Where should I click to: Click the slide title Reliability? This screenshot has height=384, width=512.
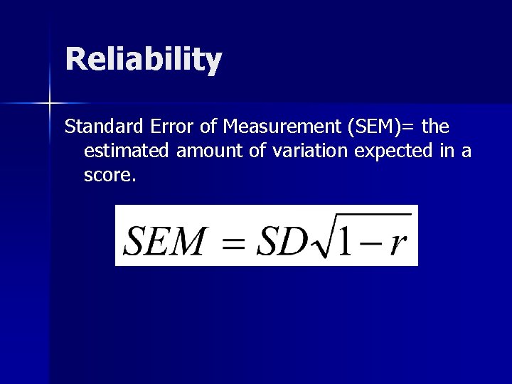point(144,60)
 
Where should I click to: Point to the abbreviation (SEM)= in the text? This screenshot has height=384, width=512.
point(383,128)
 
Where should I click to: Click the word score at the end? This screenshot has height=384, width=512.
point(107,175)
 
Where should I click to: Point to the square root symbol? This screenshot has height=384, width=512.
point(316,238)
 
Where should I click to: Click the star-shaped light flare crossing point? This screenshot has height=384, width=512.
point(50,104)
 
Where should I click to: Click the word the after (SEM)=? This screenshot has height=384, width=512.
point(435,128)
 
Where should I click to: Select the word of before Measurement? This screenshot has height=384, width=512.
point(207,128)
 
